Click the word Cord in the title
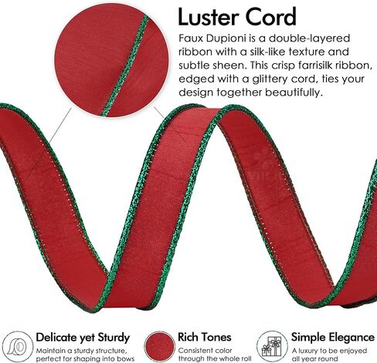click(270, 17)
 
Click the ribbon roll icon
click(17, 347)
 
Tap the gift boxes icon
click(272, 346)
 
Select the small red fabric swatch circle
click(159, 347)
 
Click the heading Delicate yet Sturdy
click(83, 338)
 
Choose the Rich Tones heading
click(205, 337)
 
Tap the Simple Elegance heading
click(333, 337)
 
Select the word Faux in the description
click(191, 39)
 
